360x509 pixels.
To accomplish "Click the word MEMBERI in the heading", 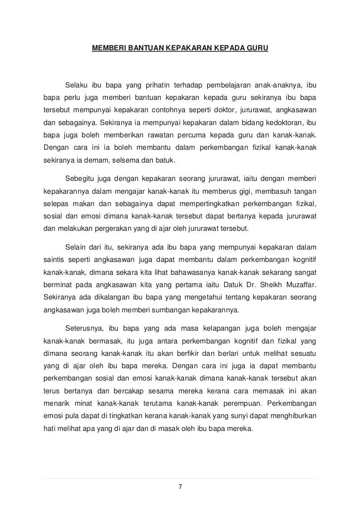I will (x=107, y=49).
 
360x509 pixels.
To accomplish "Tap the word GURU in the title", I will (x=257, y=49).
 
